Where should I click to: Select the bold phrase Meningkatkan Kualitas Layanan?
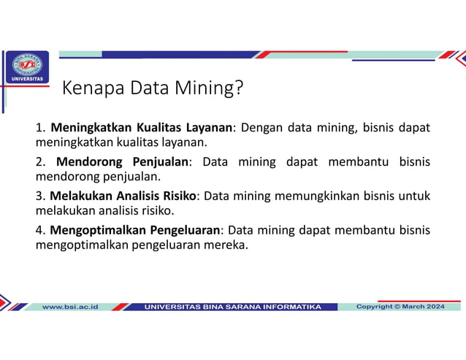(142, 128)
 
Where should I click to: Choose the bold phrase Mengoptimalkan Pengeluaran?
(135, 230)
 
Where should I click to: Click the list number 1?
(40, 128)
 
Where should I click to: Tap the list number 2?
(40, 161)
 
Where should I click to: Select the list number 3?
(40, 196)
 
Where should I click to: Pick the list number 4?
(40, 230)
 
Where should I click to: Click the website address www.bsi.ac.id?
(70, 307)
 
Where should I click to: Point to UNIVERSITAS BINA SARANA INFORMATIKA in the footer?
(233, 307)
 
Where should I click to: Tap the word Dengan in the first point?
(261, 128)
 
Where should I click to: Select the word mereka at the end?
(228, 245)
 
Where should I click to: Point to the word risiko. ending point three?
(156, 210)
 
